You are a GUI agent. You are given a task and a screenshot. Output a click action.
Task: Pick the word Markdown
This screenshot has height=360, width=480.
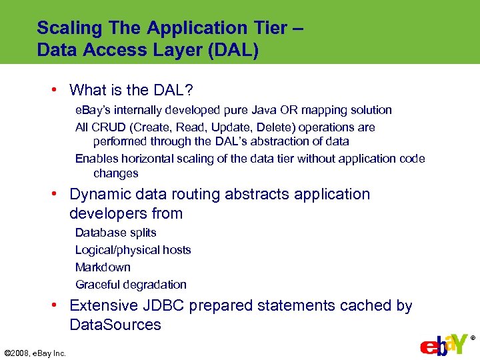pyautogui.click(x=103, y=267)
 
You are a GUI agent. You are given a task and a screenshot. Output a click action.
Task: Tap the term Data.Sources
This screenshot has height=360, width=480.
pyautogui.click(x=115, y=325)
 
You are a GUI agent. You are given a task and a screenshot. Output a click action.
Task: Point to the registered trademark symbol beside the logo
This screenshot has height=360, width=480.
pyautogui.click(x=473, y=338)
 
